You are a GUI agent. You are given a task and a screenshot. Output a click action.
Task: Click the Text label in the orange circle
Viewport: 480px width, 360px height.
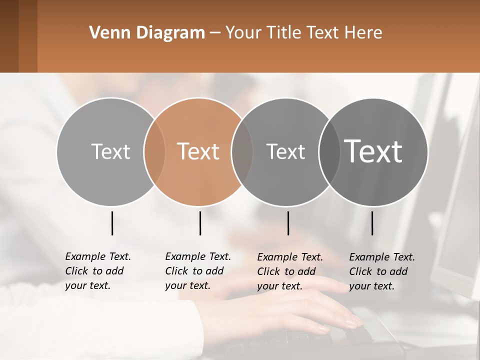point(198,151)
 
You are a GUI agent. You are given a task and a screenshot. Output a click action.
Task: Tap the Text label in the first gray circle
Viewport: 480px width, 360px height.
point(110,151)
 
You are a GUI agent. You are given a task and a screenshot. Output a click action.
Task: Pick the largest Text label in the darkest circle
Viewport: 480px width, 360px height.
point(373,151)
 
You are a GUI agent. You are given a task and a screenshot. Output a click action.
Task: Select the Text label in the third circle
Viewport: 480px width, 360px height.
point(285,151)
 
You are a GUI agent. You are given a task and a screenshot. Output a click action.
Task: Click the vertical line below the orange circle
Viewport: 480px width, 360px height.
point(200,223)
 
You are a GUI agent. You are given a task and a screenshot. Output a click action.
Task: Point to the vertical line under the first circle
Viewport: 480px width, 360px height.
point(112,223)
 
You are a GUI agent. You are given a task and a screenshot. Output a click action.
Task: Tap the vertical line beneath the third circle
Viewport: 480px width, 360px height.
point(288,223)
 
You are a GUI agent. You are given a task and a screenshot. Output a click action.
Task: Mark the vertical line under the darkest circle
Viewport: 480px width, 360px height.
point(372,223)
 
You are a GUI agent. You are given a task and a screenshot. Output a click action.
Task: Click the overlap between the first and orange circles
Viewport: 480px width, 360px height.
point(154,151)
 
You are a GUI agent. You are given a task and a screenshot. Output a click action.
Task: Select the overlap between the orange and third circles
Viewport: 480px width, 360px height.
point(242,151)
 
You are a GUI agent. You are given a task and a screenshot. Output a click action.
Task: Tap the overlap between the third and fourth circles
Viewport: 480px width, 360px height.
point(329,151)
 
